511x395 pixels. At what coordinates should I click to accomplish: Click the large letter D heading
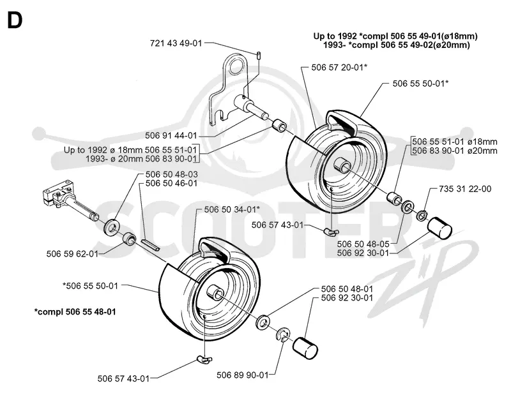point(15,20)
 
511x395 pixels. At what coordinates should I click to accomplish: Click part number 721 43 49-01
point(176,43)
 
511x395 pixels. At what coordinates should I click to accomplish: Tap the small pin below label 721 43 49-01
point(259,55)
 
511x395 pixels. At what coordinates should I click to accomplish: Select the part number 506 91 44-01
point(171,135)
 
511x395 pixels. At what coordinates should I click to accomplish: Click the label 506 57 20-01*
point(339,68)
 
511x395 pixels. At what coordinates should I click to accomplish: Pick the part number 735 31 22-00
point(465,189)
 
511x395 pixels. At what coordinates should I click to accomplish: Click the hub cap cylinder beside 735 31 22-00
point(439,228)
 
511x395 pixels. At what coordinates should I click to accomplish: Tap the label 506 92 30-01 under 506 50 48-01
point(347,297)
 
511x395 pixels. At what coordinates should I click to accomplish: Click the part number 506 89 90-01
point(243,375)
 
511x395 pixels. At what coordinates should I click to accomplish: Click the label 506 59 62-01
point(72,254)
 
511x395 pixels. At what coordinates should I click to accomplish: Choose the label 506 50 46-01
point(171,183)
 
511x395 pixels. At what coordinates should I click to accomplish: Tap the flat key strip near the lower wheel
point(151,245)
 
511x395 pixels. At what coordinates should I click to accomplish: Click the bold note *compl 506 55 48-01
point(75,311)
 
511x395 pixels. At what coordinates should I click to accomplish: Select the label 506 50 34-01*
point(232,209)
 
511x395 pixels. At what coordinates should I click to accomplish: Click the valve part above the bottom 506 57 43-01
point(204,360)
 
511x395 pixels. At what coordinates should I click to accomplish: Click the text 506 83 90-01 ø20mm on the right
point(455,151)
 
